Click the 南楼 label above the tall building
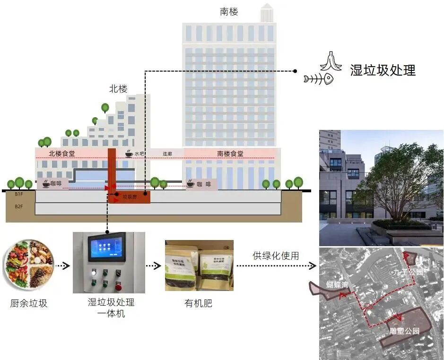[229, 11]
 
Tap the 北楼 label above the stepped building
[118, 88]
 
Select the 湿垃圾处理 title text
[383, 70]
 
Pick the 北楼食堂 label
[61, 154]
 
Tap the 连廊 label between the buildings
[167, 154]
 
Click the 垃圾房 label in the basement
[129, 196]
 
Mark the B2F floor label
[19, 206]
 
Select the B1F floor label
[19, 194]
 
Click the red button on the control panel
[118, 287]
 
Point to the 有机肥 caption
[198, 303]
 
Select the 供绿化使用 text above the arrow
[276, 256]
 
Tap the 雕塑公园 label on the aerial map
[404, 331]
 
